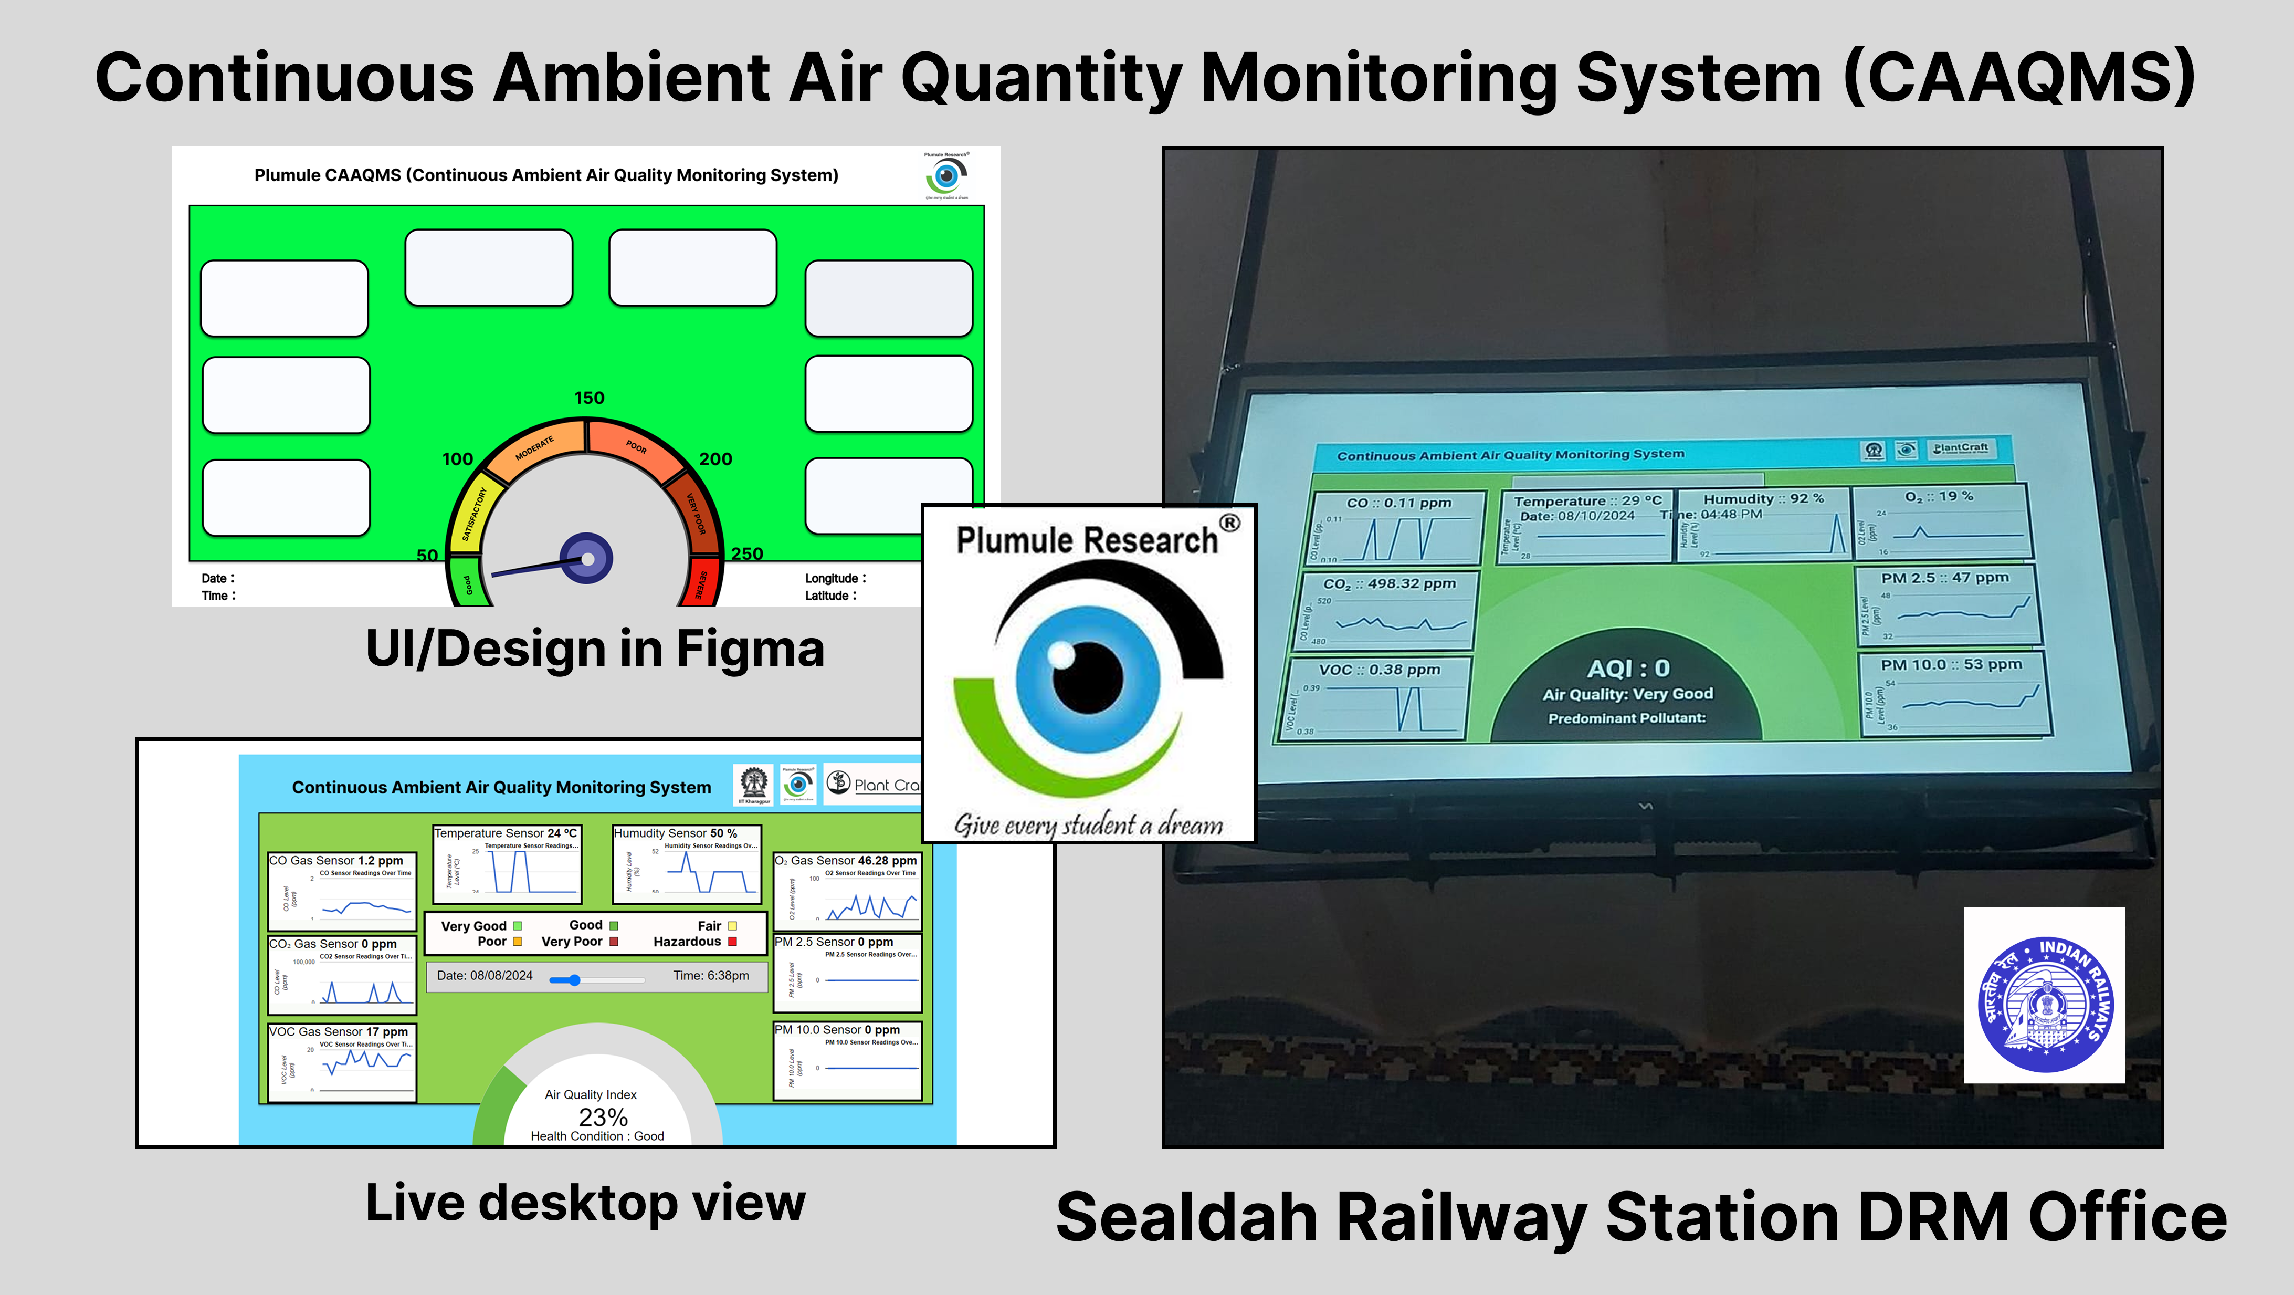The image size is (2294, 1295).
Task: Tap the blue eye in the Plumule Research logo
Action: [1087, 677]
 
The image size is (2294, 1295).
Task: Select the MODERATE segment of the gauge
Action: [534, 447]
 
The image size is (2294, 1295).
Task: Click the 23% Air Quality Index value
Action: [603, 1117]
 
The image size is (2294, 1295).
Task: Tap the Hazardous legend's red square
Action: [732, 942]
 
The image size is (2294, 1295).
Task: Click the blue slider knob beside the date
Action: [574, 980]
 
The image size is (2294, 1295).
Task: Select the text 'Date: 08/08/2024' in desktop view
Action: [485, 975]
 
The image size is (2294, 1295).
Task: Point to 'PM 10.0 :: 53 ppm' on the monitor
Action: [1950, 664]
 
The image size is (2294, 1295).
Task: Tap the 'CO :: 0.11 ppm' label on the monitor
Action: [1398, 503]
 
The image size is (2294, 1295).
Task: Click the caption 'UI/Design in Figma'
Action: [595, 649]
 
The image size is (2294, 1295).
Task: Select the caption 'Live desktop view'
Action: [585, 1203]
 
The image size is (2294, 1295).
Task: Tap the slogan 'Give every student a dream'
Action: [1088, 825]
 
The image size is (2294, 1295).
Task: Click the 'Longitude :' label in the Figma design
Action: [835, 578]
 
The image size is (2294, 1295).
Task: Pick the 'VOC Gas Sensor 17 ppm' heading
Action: [339, 1031]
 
